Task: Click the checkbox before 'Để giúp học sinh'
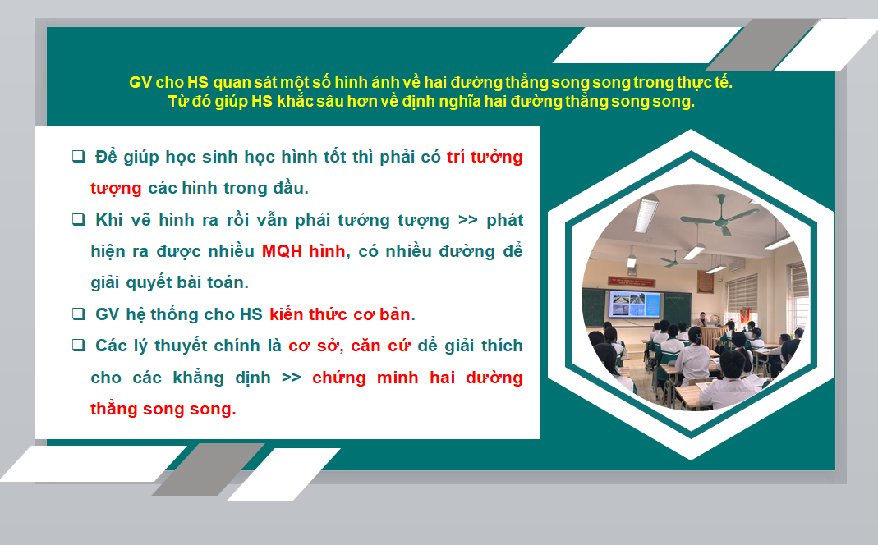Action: click(x=78, y=156)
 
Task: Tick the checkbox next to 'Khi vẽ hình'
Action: click(x=78, y=219)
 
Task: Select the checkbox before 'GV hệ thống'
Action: click(x=78, y=314)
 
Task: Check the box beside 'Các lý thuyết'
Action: click(x=78, y=345)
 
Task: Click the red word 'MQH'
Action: click(x=282, y=251)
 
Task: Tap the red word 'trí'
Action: click(x=456, y=157)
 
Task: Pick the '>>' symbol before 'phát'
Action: click(x=467, y=220)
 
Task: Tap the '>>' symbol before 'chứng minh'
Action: click(x=292, y=378)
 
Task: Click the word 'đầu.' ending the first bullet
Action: click(x=291, y=188)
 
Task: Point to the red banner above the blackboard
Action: click(x=631, y=281)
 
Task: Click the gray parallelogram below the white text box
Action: click(x=209, y=469)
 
